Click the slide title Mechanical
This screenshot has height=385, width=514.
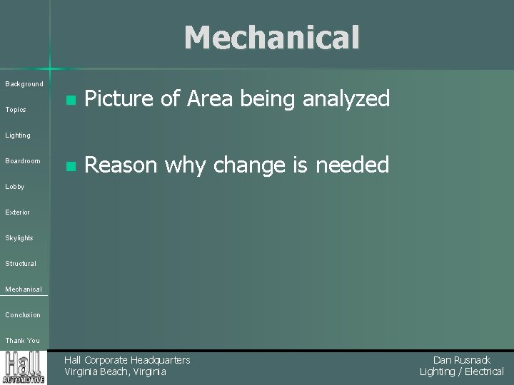click(271, 38)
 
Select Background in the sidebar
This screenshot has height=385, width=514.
click(24, 84)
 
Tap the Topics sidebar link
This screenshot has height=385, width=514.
click(16, 110)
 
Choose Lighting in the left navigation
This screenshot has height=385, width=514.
click(18, 135)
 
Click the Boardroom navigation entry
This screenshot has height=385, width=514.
click(23, 161)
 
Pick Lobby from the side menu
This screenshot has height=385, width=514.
click(15, 187)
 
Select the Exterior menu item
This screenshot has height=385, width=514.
click(18, 212)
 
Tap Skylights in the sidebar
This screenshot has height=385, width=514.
click(19, 238)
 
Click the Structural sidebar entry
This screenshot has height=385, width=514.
click(21, 264)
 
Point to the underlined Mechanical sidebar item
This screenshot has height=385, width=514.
click(24, 289)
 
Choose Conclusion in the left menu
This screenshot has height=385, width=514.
click(23, 315)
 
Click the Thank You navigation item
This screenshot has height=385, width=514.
click(23, 341)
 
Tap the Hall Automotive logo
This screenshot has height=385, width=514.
click(24, 367)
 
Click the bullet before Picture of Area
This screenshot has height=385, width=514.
click(69, 101)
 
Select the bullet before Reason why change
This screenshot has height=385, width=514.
click(69, 167)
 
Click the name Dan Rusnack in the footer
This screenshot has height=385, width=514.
click(462, 360)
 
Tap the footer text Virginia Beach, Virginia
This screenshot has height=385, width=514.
click(115, 371)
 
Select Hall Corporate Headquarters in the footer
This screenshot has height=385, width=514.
click(127, 360)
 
